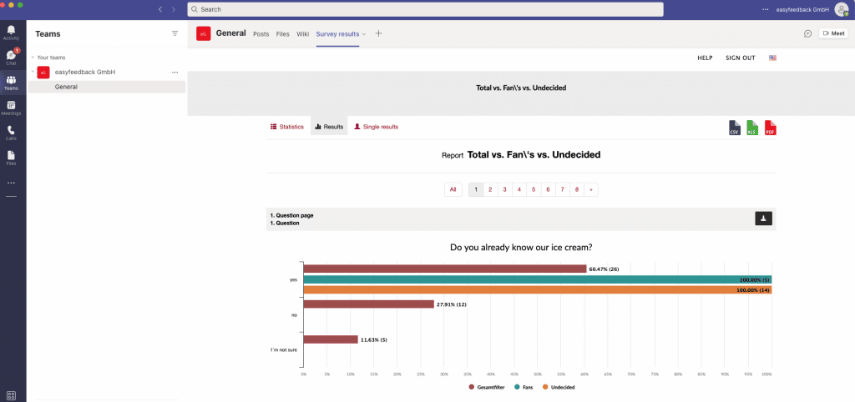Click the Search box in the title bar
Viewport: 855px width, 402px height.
(425, 9)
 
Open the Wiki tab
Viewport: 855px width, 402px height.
(302, 34)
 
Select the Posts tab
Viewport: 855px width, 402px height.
(261, 34)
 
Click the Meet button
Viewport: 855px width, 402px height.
(833, 33)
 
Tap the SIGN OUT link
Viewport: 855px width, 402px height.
(740, 58)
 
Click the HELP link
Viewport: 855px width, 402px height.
(705, 58)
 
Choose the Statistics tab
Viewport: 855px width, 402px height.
(287, 127)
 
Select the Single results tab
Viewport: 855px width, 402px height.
(377, 127)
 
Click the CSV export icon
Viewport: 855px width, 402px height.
(735, 128)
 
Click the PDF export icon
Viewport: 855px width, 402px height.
(770, 128)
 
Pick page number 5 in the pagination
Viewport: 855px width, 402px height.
(533, 189)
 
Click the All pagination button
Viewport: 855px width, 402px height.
(453, 189)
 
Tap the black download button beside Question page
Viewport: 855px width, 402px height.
(763, 219)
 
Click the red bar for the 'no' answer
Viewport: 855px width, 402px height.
(368, 304)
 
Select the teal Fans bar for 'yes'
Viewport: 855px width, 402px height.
(537, 279)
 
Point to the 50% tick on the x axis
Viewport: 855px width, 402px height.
(538, 374)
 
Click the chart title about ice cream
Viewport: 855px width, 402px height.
(521, 247)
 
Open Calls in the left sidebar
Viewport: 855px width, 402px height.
(11, 133)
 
